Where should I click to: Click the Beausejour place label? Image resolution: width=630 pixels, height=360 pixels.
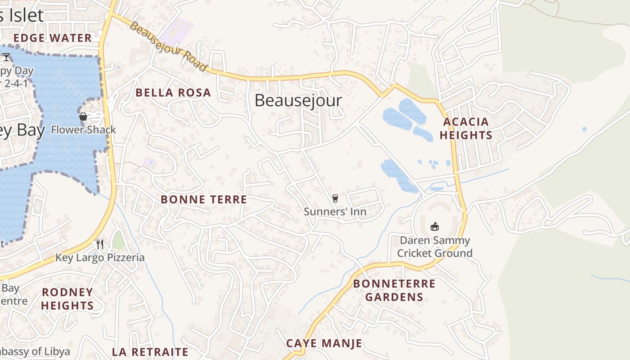click(298, 100)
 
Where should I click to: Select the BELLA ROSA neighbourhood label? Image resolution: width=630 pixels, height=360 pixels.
click(173, 93)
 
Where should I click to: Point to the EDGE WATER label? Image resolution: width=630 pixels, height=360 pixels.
click(53, 38)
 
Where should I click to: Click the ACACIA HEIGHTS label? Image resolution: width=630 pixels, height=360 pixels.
click(466, 128)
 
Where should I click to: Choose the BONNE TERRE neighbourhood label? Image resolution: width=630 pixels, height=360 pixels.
click(204, 199)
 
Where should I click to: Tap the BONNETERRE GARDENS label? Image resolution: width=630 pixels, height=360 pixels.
click(394, 290)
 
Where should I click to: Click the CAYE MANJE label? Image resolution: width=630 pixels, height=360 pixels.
click(324, 343)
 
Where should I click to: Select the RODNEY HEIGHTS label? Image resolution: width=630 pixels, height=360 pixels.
click(67, 299)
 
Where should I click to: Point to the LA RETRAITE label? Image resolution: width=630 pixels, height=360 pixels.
click(150, 352)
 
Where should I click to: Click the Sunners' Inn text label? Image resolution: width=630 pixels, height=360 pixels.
click(335, 211)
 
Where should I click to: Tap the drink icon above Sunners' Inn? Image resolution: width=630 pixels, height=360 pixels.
click(335, 198)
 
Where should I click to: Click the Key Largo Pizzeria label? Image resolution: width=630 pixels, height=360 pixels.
click(100, 257)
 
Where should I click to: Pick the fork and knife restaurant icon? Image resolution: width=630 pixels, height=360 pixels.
click(100, 244)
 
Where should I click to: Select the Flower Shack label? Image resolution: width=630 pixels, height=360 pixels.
click(83, 130)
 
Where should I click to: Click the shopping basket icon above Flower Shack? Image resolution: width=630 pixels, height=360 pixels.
click(83, 117)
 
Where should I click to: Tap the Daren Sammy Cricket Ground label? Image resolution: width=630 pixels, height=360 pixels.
click(435, 247)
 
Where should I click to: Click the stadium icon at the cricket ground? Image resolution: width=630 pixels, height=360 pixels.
click(435, 227)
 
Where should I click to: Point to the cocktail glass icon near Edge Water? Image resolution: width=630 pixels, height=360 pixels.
click(6, 57)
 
